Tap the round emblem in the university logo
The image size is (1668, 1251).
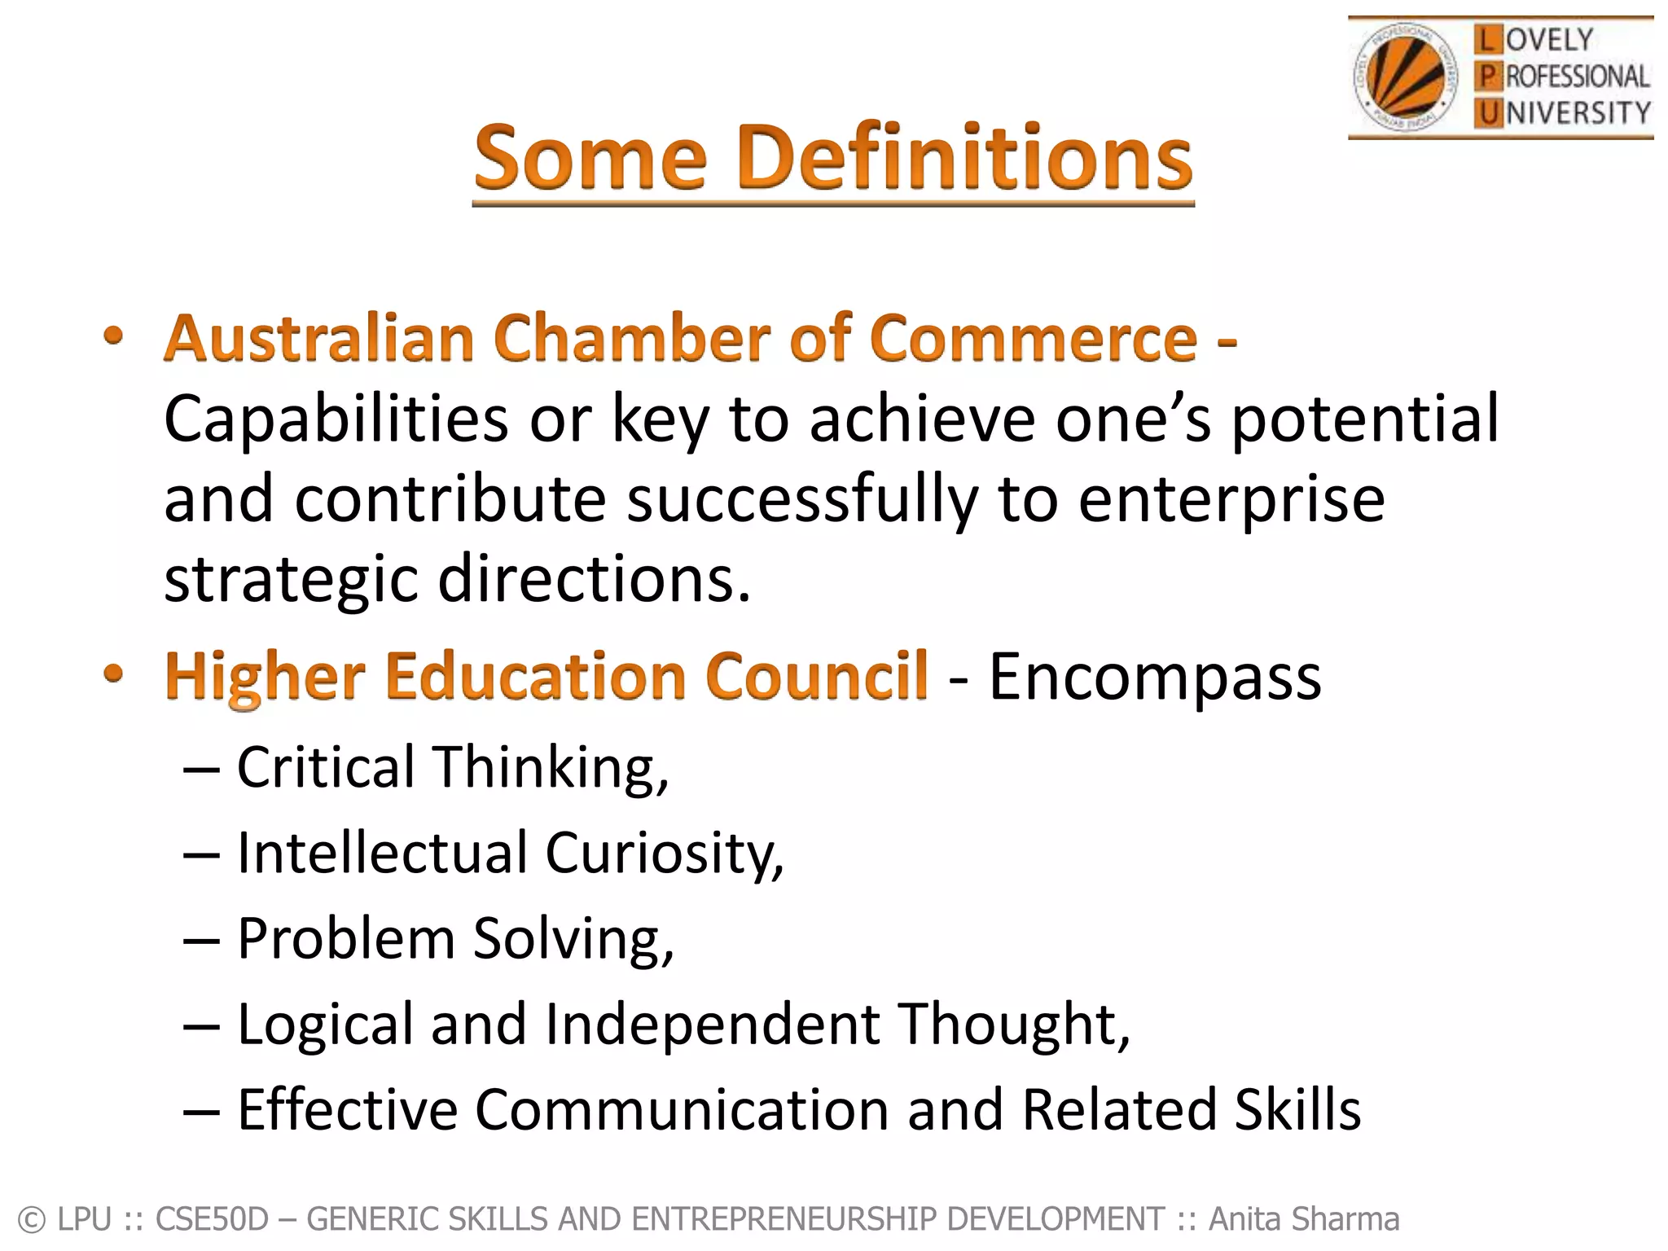click(x=1404, y=78)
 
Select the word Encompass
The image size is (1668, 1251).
click(x=1155, y=676)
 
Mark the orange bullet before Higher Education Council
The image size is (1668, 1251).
click(x=114, y=673)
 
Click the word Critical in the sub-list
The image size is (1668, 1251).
click(x=326, y=767)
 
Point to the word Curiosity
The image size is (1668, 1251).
click(x=664, y=854)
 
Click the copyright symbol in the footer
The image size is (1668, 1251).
click(x=31, y=1220)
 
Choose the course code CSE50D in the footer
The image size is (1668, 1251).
click(x=211, y=1219)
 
